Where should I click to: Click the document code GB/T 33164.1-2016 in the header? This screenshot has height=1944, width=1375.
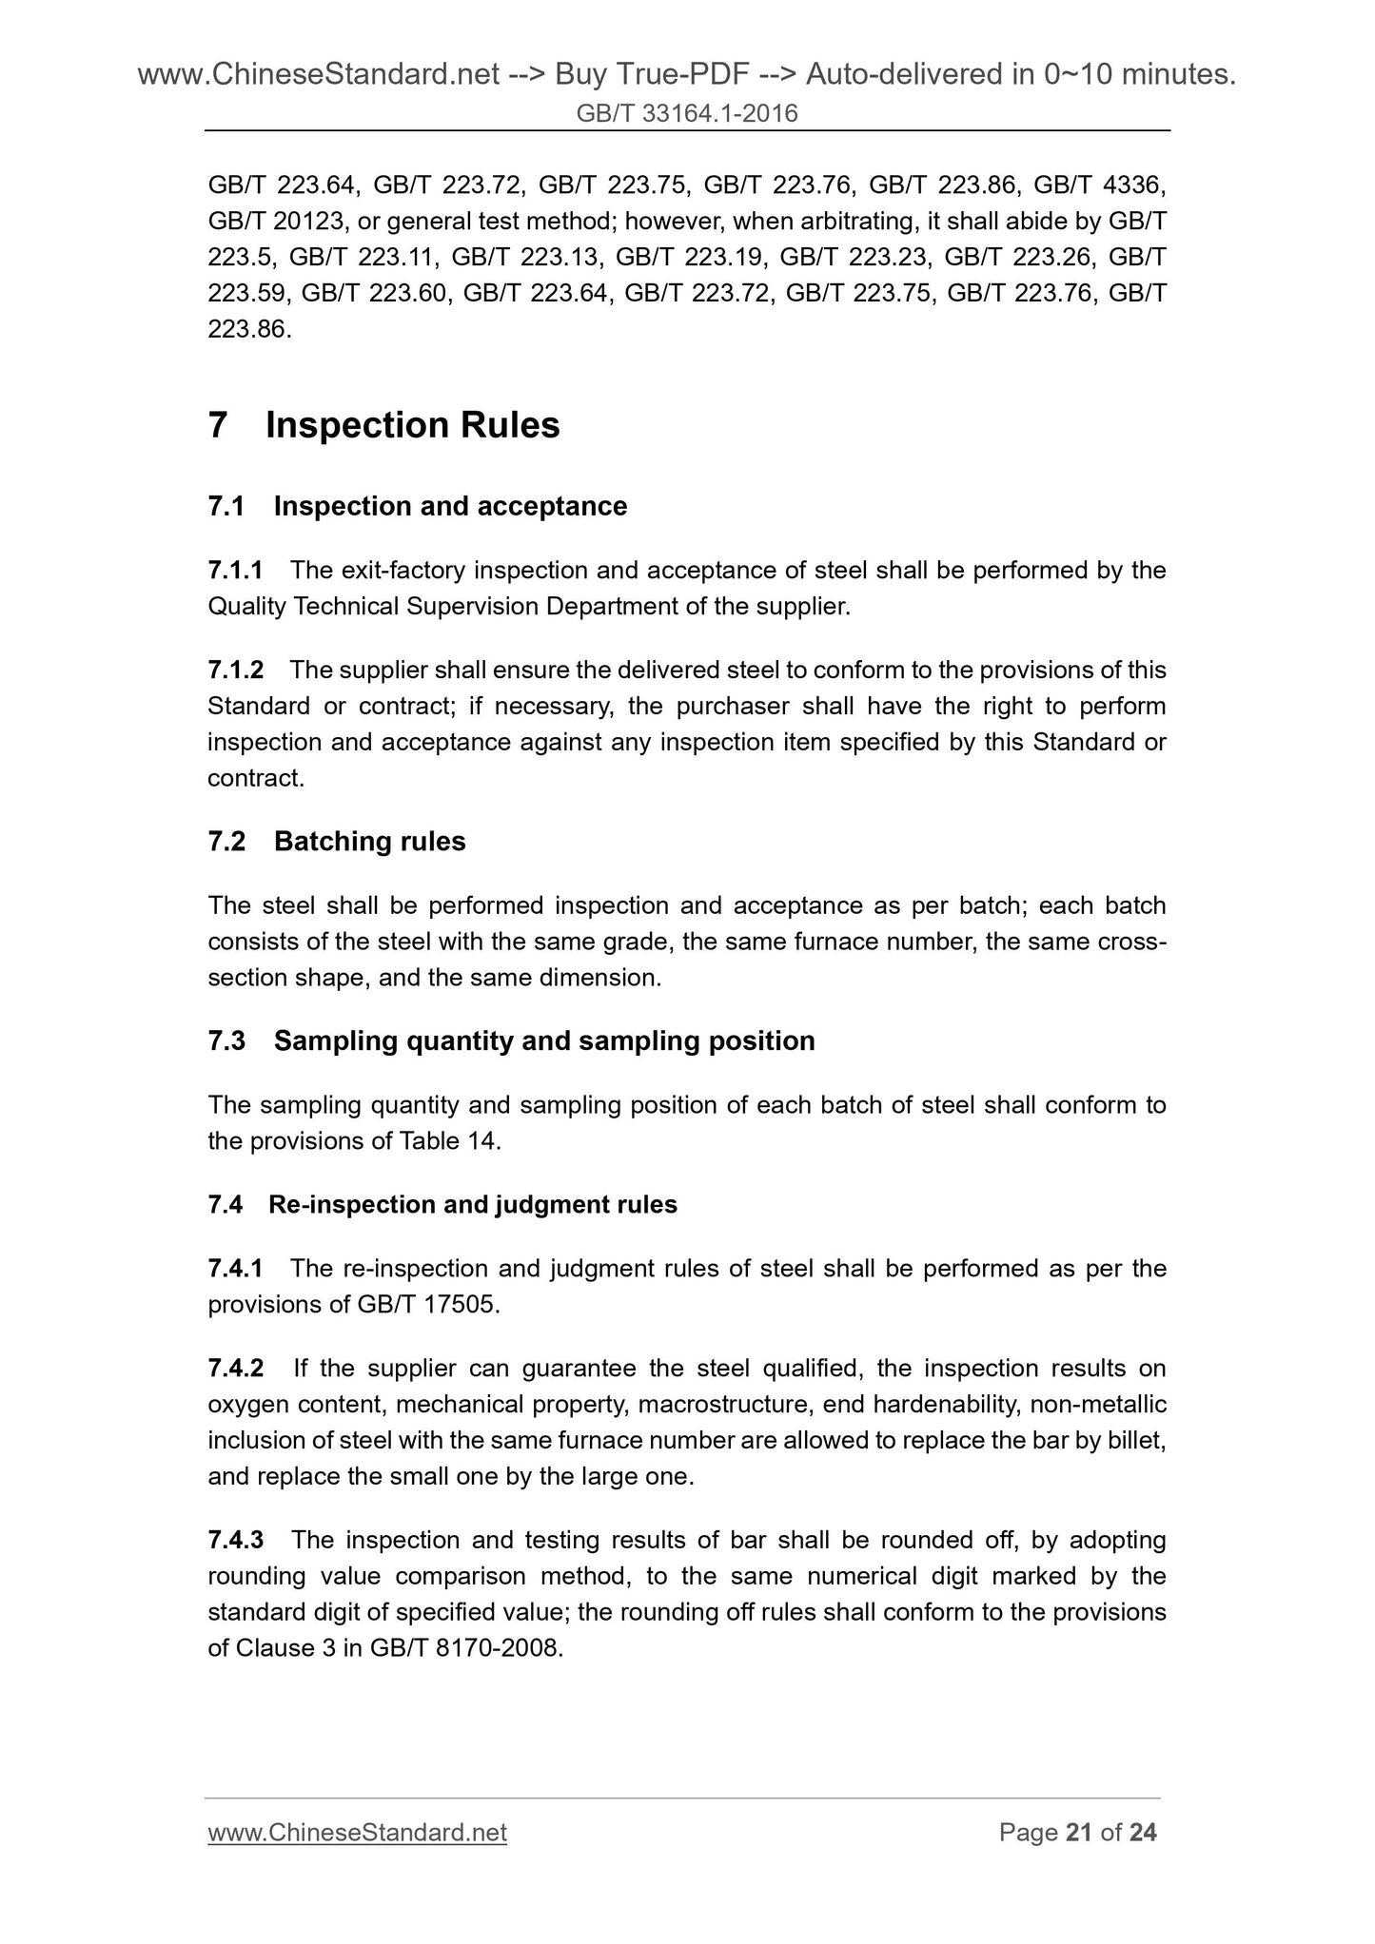[687, 114]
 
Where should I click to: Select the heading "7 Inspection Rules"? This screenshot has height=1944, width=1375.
[383, 425]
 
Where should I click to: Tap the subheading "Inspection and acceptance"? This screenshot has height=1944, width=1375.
[450, 506]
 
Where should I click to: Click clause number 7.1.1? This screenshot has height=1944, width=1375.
[235, 571]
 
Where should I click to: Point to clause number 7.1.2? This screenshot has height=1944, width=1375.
[235, 671]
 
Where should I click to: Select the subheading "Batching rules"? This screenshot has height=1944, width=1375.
[369, 842]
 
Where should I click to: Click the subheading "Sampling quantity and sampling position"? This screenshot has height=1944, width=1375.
[544, 1041]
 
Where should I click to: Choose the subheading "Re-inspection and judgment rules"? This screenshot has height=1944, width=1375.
[473, 1205]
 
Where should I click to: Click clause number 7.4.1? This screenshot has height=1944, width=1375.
[235, 1269]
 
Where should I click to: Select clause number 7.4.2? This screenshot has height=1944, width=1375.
[235, 1369]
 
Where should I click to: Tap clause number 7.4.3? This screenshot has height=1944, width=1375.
[235, 1540]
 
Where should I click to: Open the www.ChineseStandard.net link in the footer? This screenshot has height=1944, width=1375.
[357, 1833]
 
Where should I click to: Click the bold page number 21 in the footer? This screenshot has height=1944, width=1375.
[1079, 1833]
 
